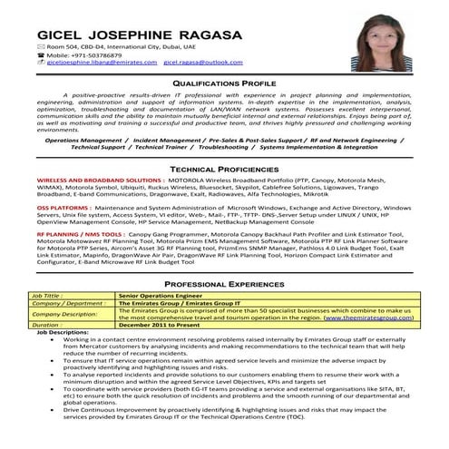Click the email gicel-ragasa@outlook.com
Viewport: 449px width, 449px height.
[203, 63]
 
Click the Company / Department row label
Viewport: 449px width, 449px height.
[68, 303]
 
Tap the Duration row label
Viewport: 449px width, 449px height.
[47, 324]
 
